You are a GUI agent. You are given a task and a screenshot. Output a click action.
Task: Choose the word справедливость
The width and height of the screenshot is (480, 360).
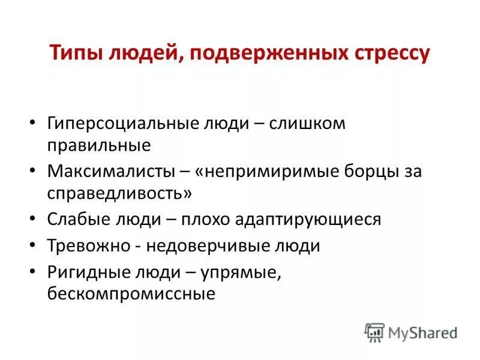(119, 193)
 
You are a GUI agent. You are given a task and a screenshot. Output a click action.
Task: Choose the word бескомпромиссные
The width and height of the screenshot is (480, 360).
(131, 294)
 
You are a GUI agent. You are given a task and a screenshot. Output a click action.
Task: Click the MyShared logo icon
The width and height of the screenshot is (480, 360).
(374, 332)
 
